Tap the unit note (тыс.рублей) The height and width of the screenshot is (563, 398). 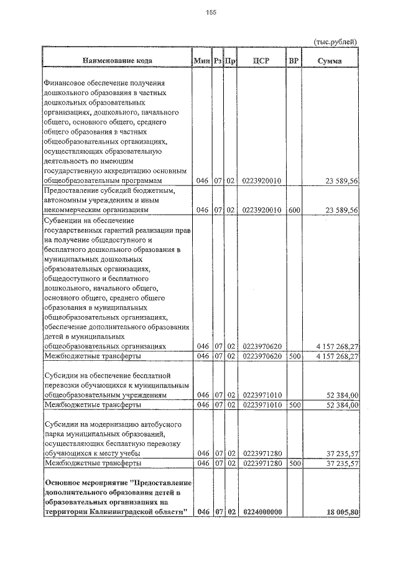click(x=335, y=41)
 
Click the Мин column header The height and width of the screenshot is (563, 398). click(x=201, y=61)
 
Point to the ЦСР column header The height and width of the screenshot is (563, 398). click(x=262, y=61)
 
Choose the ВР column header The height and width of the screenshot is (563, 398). click(x=294, y=61)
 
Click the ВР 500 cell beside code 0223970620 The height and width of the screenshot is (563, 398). click(x=294, y=356)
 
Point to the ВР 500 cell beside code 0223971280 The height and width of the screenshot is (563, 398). click(x=294, y=463)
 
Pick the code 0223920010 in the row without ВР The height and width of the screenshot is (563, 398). click(x=262, y=180)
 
